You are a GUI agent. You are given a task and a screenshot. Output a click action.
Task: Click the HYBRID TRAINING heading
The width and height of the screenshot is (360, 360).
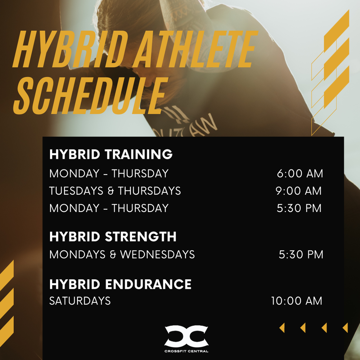tap(111, 154)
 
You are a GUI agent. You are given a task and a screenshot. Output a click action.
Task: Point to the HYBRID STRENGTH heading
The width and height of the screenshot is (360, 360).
tap(113, 237)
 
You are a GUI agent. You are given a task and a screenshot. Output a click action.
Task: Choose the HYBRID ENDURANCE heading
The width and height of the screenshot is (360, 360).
tap(120, 284)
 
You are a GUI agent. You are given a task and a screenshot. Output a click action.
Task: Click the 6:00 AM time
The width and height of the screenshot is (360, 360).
tap(300, 174)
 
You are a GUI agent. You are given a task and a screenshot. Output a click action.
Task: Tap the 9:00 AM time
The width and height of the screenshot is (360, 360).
tap(299, 191)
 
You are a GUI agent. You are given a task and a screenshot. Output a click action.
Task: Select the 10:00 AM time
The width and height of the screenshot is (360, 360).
tap(297, 301)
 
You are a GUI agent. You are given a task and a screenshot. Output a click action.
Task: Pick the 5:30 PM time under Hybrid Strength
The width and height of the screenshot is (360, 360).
tap(301, 255)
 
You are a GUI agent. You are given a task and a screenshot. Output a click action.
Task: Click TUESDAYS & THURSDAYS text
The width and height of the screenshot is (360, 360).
tap(115, 191)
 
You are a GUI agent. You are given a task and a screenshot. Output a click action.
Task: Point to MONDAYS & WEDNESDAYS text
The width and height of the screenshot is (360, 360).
tap(122, 255)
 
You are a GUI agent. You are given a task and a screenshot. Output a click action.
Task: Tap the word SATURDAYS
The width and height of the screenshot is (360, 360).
tap(80, 301)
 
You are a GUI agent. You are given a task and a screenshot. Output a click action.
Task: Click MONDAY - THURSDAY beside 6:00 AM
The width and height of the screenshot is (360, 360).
tap(109, 174)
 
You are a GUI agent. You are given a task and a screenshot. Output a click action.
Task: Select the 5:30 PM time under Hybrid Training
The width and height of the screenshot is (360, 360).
tap(299, 208)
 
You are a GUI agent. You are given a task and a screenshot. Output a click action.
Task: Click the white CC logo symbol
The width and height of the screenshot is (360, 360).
tap(186, 336)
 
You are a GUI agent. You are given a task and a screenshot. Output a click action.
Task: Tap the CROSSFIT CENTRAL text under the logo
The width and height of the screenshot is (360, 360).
tap(186, 351)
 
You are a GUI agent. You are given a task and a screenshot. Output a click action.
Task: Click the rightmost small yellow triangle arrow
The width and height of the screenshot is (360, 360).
tap(345, 328)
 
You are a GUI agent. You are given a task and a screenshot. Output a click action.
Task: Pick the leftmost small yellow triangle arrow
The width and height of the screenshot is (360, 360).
tap(282, 328)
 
